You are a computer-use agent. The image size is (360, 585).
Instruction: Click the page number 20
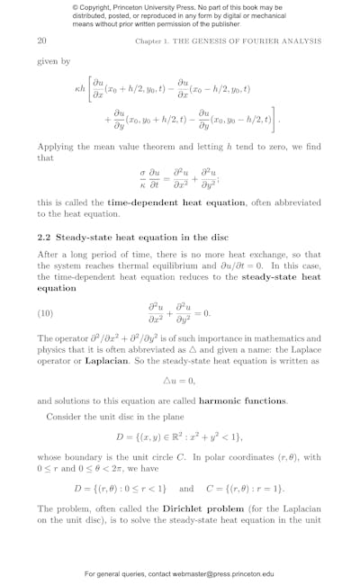click(41, 41)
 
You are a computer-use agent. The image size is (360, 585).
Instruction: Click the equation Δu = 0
click(180, 380)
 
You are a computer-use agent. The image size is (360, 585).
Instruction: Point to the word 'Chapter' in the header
click(150, 41)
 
